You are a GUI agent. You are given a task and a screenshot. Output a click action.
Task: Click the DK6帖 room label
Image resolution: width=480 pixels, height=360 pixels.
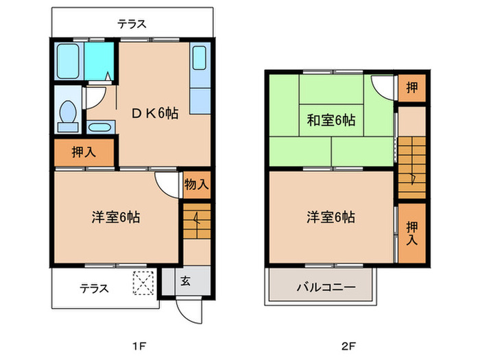click(x=155, y=113)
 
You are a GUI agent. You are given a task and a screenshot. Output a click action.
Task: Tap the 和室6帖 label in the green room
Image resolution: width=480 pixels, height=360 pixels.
click(x=331, y=120)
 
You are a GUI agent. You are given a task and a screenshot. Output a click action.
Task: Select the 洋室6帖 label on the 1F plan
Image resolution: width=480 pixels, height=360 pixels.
click(x=116, y=217)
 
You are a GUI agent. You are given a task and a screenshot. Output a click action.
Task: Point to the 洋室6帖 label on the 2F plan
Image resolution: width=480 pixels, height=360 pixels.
click(x=331, y=217)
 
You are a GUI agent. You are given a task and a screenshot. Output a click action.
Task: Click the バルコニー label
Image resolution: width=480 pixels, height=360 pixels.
click(x=325, y=287)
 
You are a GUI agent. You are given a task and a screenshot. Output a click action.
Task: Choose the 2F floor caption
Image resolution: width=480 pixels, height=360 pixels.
click(x=351, y=344)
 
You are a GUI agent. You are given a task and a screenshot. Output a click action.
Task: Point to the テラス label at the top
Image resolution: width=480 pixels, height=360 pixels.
click(x=131, y=23)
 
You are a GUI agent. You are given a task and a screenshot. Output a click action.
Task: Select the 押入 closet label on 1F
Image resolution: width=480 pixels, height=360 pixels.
click(x=84, y=152)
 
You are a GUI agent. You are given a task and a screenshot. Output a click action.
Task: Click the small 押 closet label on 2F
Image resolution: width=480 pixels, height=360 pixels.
click(x=411, y=87)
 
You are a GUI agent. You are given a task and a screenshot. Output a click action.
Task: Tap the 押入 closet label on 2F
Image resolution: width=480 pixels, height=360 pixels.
click(x=411, y=233)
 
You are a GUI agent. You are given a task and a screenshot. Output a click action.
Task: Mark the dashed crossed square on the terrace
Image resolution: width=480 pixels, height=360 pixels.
click(x=145, y=282)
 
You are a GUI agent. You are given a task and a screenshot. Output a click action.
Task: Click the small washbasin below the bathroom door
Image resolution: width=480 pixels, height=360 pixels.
click(x=100, y=128)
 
